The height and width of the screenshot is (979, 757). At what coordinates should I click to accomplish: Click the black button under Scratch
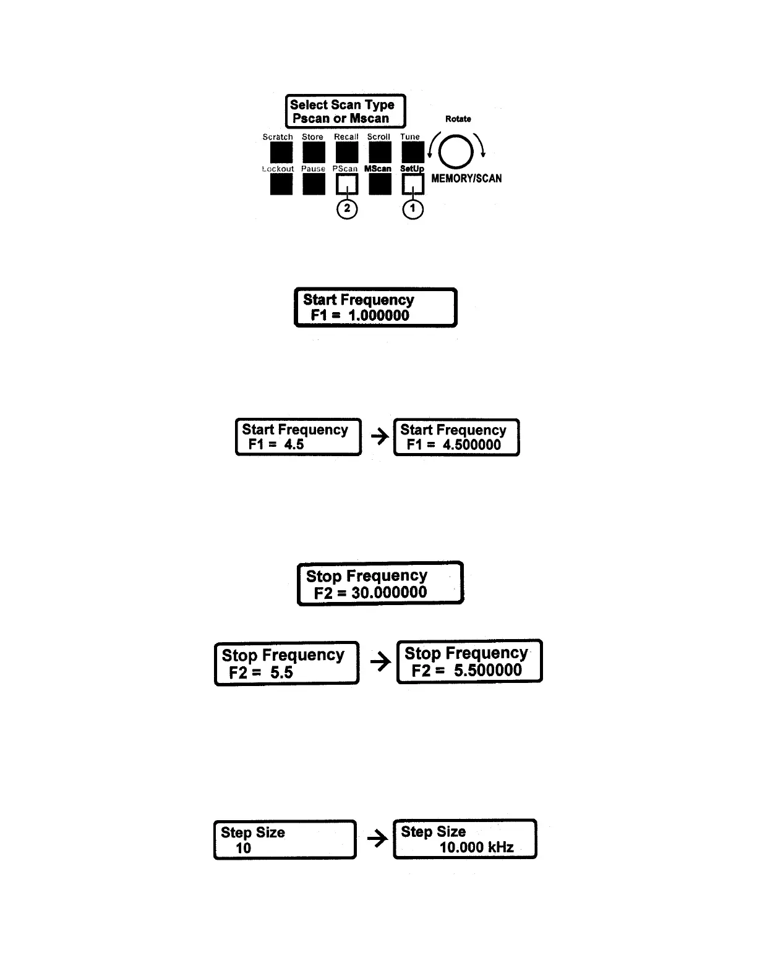pyautogui.click(x=277, y=152)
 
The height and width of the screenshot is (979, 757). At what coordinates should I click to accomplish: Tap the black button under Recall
pyautogui.click(x=346, y=152)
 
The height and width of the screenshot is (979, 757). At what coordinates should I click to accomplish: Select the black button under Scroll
pyautogui.click(x=379, y=152)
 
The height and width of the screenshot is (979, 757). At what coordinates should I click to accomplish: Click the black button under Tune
pyautogui.click(x=413, y=152)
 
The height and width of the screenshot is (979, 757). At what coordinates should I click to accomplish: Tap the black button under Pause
pyautogui.click(x=314, y=184)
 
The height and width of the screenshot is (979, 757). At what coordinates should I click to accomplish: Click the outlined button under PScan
pyautogui.click(x=347, y=184)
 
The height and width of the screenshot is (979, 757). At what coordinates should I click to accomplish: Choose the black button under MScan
pyautogui.click(x=379, y=184)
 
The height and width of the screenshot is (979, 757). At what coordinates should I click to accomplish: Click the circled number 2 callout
pyautogui.click(x=347, y=209)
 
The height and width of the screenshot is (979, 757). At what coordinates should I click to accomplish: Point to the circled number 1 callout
pyautogui.click(x=413, y=210)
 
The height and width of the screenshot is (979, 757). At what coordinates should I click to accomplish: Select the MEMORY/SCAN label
pyautogui.click(x=466, y=179)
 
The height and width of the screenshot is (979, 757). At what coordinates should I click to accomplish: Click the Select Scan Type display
pyautogui.click(x=345, y=111)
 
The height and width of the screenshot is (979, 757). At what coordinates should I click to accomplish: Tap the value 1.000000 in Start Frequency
pyautogui.click(x=378, y=315)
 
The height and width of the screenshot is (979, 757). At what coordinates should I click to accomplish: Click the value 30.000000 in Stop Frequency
pyautogui.click(x=389, y=593)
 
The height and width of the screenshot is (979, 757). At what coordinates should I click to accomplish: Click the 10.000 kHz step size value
pyautogui.click(x=476, y=847)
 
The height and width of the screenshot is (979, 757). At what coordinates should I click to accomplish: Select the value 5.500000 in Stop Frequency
pyautogui.click(x=487, y=671)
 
